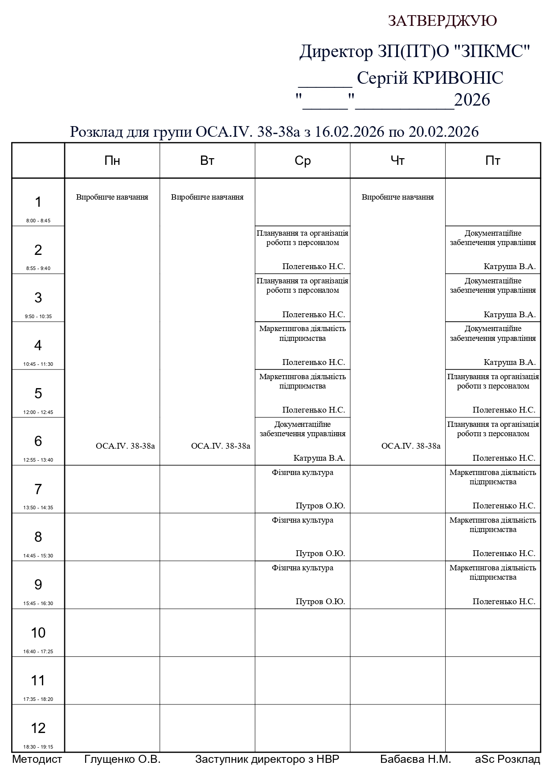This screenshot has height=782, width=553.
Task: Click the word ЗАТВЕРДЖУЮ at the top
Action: (442, 21)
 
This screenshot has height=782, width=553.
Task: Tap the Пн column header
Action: (112, 160)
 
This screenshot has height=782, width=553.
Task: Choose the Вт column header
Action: (207, 160)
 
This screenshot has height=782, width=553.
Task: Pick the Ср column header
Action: (303, 160)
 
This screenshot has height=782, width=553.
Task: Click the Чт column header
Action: (397, 160)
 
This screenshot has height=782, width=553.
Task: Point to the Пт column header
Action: (493, 160)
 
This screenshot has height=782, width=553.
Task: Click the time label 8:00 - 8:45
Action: (38, 221)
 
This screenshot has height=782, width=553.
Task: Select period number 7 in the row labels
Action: (38, 489)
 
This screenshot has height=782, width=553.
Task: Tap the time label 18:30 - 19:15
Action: (38, 747)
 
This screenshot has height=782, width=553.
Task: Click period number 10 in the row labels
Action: (38, 632)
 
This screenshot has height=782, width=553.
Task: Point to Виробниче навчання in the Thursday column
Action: (397, 197)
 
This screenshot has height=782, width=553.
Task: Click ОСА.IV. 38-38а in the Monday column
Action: (125, 446)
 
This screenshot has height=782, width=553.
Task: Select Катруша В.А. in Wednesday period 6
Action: (319, 458)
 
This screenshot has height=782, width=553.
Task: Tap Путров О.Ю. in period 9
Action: (320, 602)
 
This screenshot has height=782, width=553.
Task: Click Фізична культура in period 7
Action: (303, 472)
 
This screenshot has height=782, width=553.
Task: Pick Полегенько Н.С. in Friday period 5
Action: (504, 410)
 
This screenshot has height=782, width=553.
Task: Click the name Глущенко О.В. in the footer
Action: (122, 759)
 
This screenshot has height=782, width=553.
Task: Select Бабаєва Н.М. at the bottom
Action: (415, 759)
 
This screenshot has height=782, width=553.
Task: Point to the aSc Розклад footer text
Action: (508, 759)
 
